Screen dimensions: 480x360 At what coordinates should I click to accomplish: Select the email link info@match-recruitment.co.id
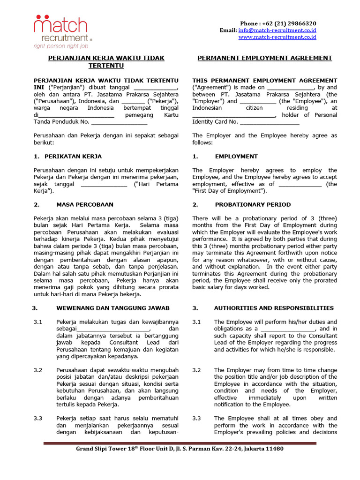277,30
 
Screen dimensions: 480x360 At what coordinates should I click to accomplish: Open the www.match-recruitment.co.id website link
277,37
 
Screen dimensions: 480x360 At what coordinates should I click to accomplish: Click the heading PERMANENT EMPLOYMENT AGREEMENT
264,58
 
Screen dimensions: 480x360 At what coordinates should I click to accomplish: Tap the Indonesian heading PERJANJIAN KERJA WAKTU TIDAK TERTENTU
107,62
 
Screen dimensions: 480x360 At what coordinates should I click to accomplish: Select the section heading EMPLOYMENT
236,157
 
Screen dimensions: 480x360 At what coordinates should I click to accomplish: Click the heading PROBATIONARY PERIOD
253,205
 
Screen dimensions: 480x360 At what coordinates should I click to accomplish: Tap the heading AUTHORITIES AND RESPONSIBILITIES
274,308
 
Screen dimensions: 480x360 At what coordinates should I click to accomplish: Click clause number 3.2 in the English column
196,370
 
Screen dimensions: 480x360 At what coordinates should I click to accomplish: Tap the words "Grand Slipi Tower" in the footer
103,449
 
